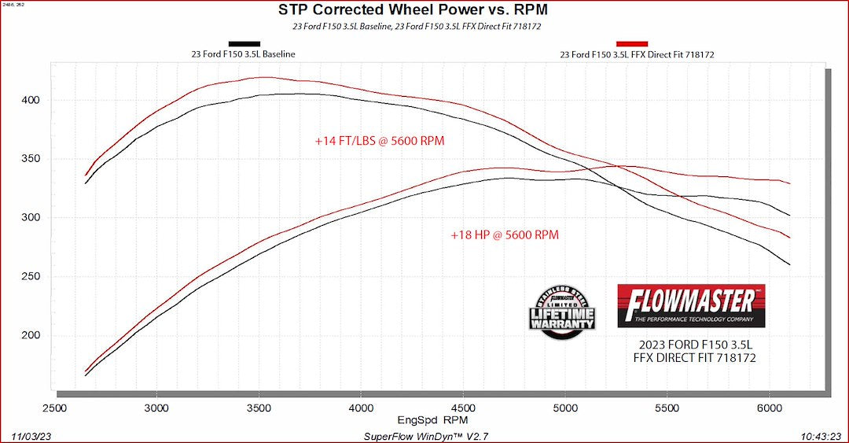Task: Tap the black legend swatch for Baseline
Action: [244, 44]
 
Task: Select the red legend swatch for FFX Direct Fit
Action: [632, 44]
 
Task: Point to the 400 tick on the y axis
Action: [30, 100]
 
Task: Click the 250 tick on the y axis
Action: [30, 276]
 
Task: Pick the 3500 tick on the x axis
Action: [259, 408]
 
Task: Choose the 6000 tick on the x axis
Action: [769, 408]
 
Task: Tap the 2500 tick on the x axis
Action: [54, 408]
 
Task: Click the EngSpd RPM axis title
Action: [427, 419]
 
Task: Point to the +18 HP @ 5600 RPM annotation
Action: [505, 234]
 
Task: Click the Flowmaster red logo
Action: [691, 305]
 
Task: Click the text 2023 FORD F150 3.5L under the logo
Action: [691, 344]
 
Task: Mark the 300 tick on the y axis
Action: [30, 217]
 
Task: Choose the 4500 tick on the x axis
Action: [462, 408]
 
